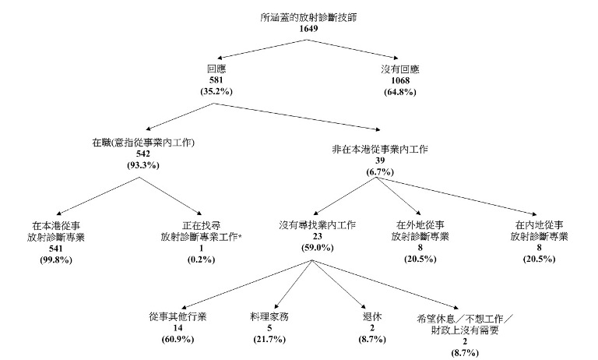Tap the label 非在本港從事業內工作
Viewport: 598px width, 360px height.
377,147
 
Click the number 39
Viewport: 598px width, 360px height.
377,159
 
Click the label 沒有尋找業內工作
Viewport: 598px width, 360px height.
318,225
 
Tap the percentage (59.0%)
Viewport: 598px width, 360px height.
318,248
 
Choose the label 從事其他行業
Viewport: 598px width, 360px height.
178,317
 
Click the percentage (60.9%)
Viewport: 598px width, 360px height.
178,340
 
